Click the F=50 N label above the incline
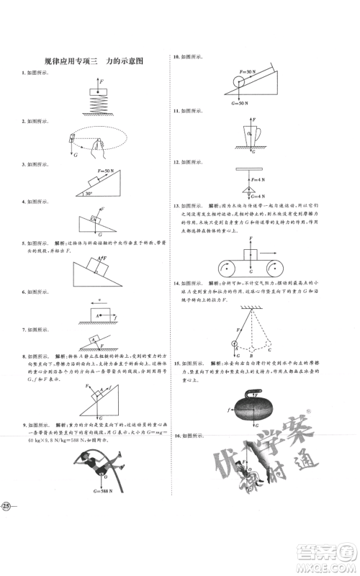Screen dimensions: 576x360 click(94, 170)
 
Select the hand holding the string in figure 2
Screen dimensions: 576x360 click(96, 148)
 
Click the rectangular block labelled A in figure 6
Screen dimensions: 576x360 click(96, 315)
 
